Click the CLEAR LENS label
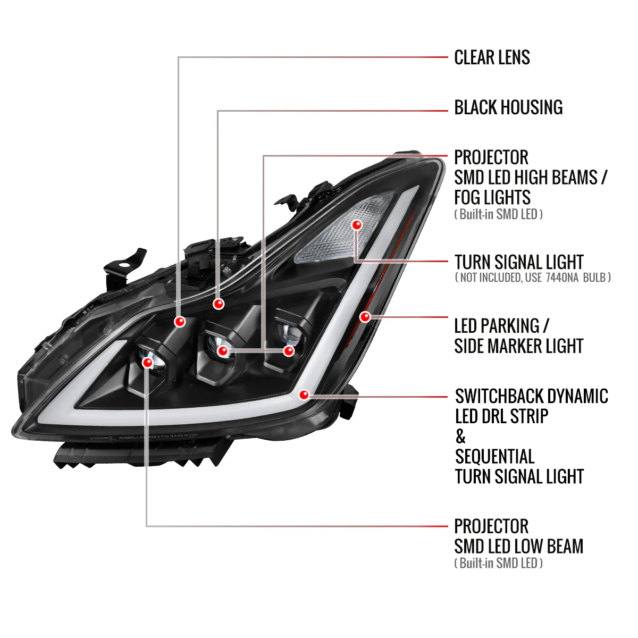(x=492, y=57)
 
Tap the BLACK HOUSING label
(x=508, y=107)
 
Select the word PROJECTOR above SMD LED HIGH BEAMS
(x=491, y=157)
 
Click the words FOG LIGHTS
(x=492, y=197)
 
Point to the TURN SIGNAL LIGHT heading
(x=519, y=262)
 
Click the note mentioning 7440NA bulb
(x=533, y=277)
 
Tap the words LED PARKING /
(x=501, y=325)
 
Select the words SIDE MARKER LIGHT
(x=519, y=346)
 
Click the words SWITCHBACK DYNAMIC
(x=531, y=396)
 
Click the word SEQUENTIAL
(x=494, y=457)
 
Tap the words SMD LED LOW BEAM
(x=518, y=546)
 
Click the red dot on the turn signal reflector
(x=357, y=225)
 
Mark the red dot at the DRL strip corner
(x=304, y=394)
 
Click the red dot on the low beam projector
(x=147, y=363)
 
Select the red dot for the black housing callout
(x=219, y=304)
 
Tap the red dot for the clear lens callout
(x=180, y=321)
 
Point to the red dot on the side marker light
(x=365, y=317)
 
